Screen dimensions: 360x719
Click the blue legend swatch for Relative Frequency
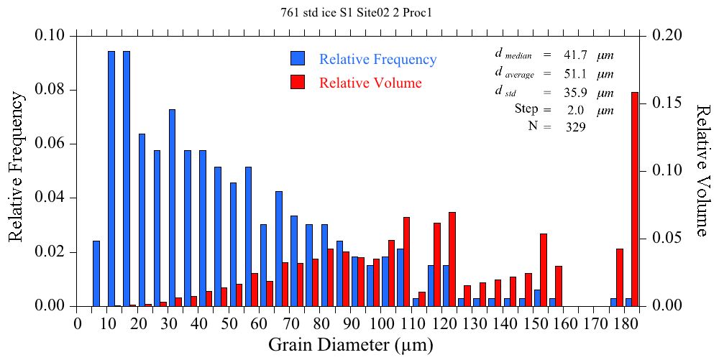pos(298,59)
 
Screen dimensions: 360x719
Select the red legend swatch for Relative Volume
pos(298,83)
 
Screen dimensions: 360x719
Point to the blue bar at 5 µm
pos(96,274)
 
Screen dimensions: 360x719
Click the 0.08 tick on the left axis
pos(55,90)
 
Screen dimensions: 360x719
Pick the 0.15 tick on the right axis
pos(669,103)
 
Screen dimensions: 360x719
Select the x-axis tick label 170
pos(595,323)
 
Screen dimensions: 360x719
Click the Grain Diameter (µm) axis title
pos(351,346)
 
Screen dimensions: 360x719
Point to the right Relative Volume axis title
pos(702,170)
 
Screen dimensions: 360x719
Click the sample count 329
pos(575,127)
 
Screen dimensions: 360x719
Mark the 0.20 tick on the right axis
pos(669,35)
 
